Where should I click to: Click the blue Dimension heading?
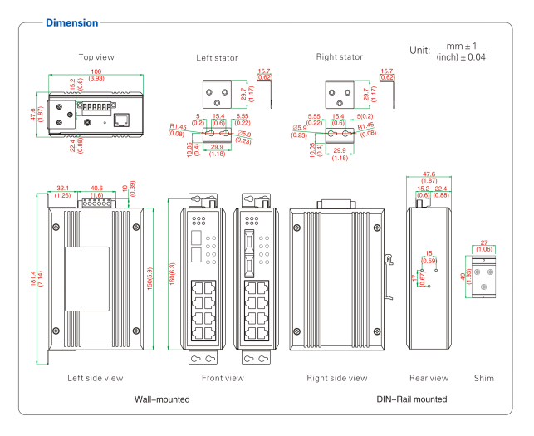pyautogui.click(x=71, y=22)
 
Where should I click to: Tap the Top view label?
pyautogui.click(x=96, y=57)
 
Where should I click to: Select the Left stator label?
pyautogui.click(x=217, y=58)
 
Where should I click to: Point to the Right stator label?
pyautogui.click(x=340, y=57)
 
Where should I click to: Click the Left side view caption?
pyautogui.click(x=96, y=378)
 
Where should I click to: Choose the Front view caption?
pyautogui.click(x=223, y=378)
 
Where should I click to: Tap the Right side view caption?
pyautogui.click(x=336, y=378)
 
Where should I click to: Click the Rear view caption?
pyautogui.click(x=429, y=378)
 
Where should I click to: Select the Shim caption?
pyautogui.click(x=483, y=378)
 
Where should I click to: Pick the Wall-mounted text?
pyautogui.click(x=162, y=399)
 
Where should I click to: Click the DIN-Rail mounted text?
pyautogui.click(x=411, y=399)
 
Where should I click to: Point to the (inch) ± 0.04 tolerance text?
pyautogui.click(x=461, y=57)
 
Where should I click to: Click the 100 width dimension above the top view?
pyautogui.click(x=96, y=72)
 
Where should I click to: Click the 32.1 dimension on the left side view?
pyautogui.click(x=62, y=189)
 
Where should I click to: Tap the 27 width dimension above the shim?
pyautogui.click(x=484, y=242)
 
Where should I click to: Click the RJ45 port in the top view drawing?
pyautogui.click(x=121, y=120)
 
